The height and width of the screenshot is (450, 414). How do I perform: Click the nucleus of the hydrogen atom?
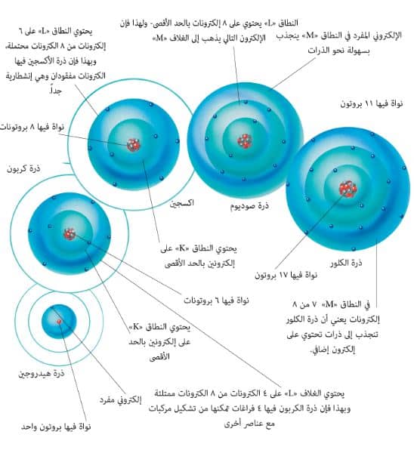click(x=59, y=322)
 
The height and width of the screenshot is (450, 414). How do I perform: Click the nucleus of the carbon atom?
click(x=70, y=234)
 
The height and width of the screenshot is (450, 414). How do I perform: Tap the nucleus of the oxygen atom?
click(x=134, y=145)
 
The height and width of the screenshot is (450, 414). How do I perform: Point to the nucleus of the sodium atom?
click(x=245, y=141)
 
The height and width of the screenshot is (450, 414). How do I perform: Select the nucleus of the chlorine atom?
click(x=348, y=189)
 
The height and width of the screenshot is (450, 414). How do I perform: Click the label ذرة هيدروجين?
click(x=42, y=374)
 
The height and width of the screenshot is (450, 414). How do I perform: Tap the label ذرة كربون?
click(x=23, y=168)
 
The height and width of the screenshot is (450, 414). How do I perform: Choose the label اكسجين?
click(x=182, y=203)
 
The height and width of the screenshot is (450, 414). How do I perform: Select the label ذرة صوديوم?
click(x=249, y=206)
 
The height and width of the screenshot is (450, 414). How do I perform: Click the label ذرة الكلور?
click(x=346, y=263)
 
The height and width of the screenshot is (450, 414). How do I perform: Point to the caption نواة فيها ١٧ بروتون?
click(x=286, y=276)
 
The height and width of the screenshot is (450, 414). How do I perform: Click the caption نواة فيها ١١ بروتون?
click(x=372, y=103)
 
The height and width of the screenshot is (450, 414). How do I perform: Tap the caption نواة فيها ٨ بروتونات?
click(x=32, y=127)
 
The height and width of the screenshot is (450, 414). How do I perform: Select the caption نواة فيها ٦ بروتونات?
click(x=216, y=301)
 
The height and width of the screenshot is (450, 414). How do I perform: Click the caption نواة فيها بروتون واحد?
click(x=56, y=427)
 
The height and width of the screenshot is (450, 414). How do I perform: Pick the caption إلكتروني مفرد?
click(x=121, y=399)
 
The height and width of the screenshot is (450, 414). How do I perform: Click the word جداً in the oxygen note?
click(x=56, y=91)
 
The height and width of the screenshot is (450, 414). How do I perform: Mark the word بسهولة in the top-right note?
click(x=359, y=51)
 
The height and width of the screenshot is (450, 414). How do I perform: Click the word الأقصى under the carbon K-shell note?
click(x=159, y=356)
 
